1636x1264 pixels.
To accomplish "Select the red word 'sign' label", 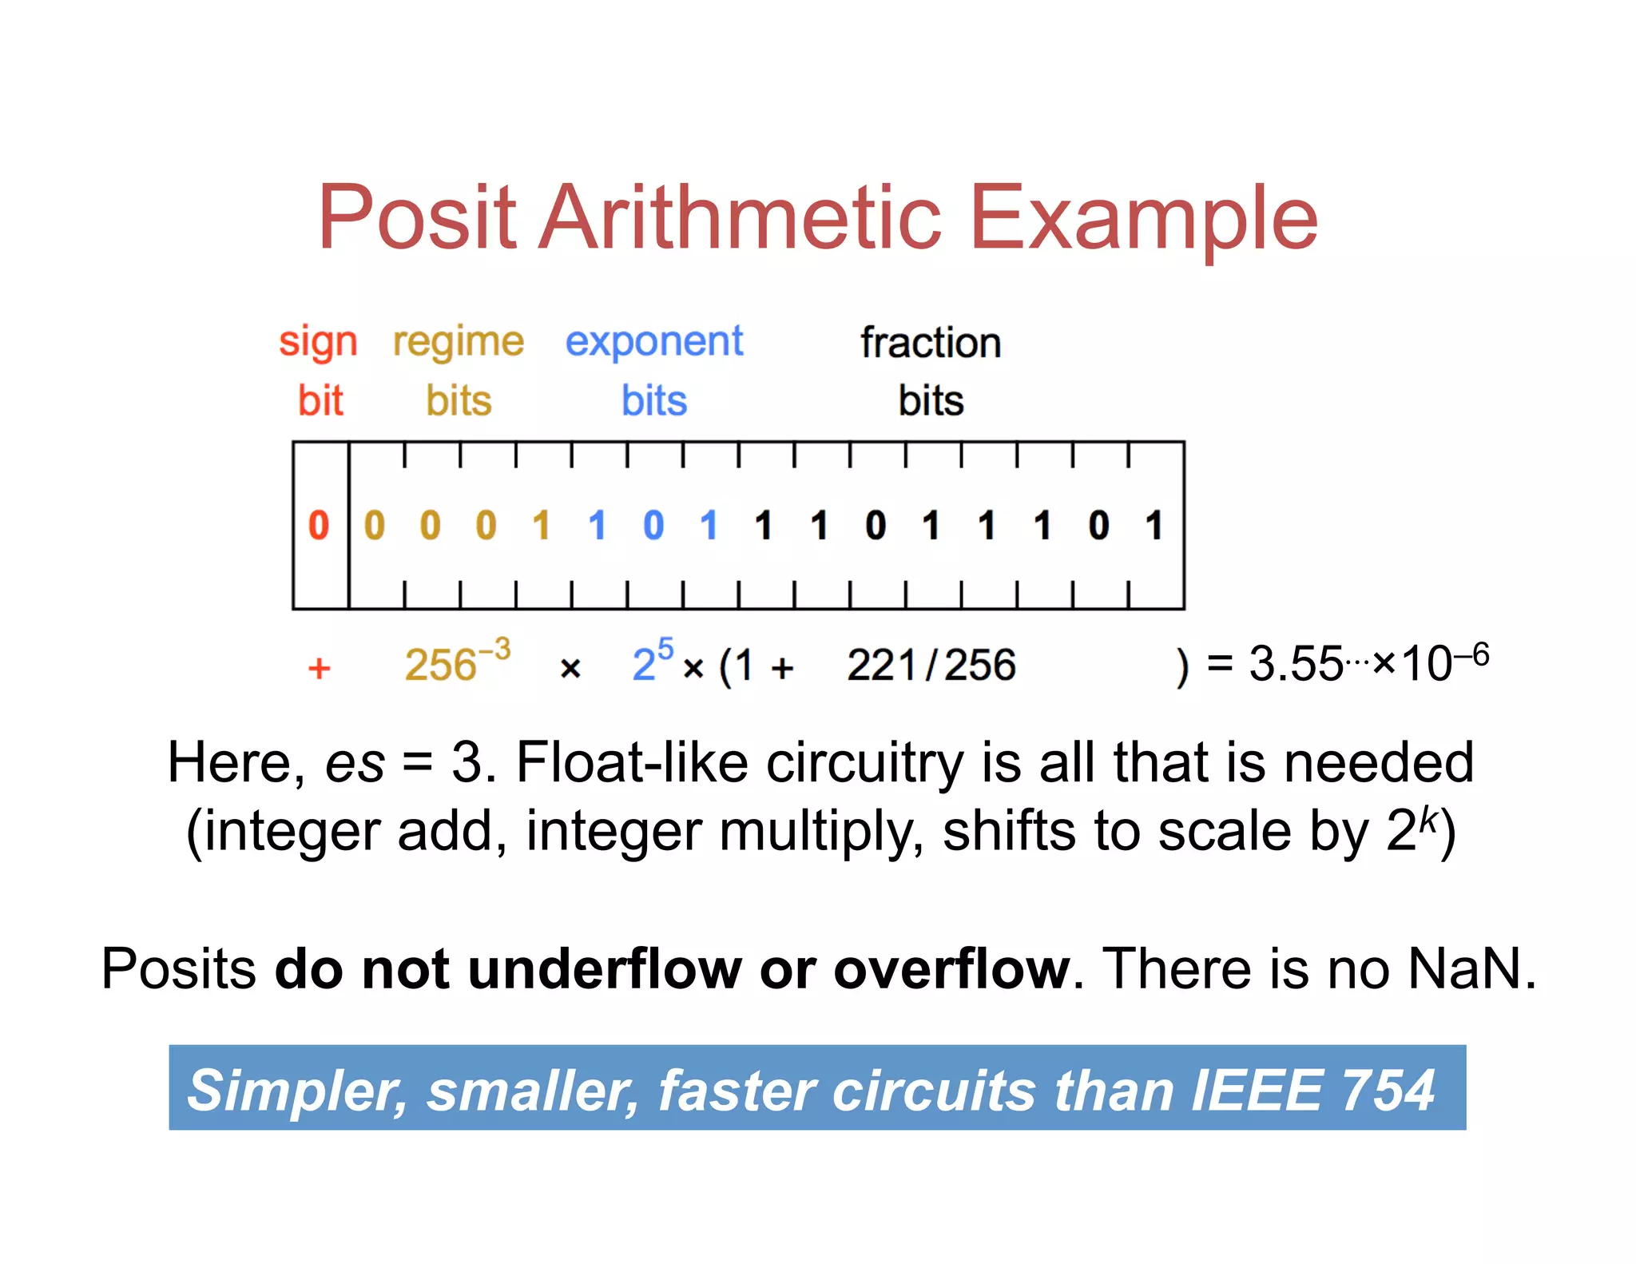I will tap(318, 343).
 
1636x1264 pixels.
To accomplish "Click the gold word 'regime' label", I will tap(459, 343).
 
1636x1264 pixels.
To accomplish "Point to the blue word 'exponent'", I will tap(654, 343).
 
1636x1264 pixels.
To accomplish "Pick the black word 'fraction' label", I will tap(931, 343).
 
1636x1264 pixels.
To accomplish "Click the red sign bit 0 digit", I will tap(319, 526).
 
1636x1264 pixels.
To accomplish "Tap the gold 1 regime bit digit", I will tap(542, 526).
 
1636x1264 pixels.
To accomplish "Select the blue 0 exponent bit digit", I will tap(653, 526).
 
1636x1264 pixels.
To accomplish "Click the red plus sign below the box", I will tap(320, 668).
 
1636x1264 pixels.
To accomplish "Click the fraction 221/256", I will tap(931, 665).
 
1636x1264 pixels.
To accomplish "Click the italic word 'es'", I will tap(355, 764).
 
